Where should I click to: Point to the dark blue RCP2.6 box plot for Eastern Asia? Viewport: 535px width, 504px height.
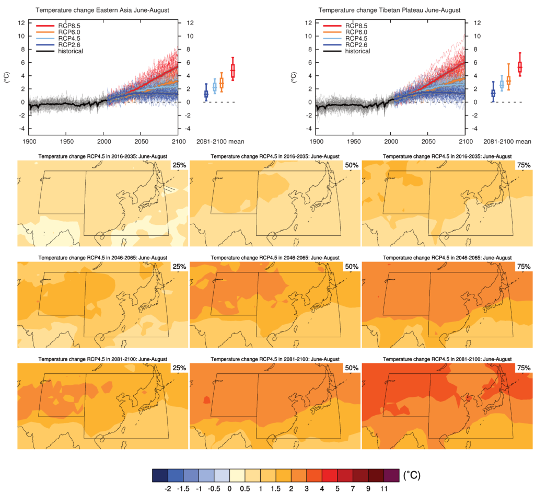pyautogui.click(x=206, y=93)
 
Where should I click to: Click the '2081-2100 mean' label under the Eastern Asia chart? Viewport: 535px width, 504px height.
pyautogui.click(x=219, y=141)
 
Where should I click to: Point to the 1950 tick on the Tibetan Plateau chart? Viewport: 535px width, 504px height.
pyautogui.click(x=353, y=141)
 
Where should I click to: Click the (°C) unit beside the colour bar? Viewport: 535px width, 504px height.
pyautogui.click(x=411, y=475)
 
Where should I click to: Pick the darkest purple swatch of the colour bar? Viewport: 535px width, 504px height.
pyautogui.click(x=392, y=475)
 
